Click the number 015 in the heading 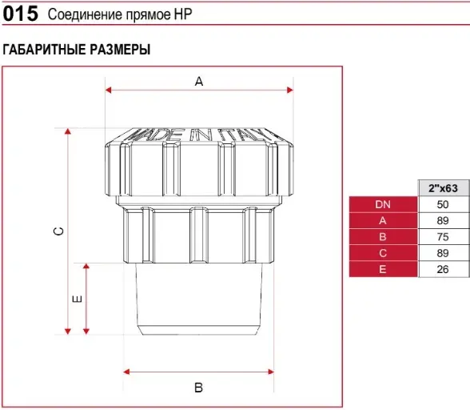(21, 14)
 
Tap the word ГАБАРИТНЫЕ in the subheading (44, 50)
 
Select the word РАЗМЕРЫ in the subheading (120, 50)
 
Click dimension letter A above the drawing (199, 82)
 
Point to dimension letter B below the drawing (199, 388)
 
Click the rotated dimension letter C (59, 231)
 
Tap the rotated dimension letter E (78, 299)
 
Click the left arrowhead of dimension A (108, 90)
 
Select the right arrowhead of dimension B (271, 372)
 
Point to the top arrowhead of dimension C (68, 131)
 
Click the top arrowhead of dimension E (86, 267)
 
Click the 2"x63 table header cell (444, 188)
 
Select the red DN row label (383, 204)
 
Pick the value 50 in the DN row (443, 204)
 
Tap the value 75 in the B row (443, 237)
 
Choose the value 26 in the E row (443, 269)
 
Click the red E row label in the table (383, 269)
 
